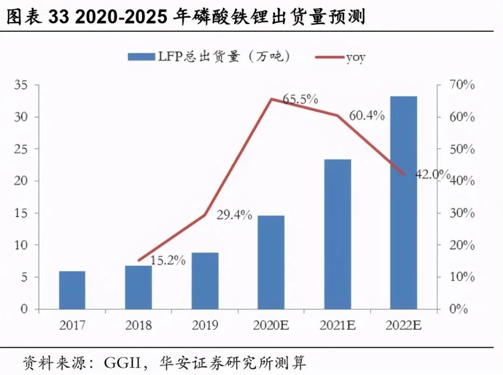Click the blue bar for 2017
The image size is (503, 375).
[x=72, y=290]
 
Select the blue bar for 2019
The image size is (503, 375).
[x=205, y=281]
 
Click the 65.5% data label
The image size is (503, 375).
[x=301, y=99]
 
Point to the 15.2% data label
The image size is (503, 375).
[x=169, y=261]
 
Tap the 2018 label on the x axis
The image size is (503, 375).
[x=138, y=325]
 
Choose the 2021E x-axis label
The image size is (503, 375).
[x=337, y=325]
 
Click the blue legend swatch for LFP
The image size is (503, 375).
[x=141, y=57]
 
